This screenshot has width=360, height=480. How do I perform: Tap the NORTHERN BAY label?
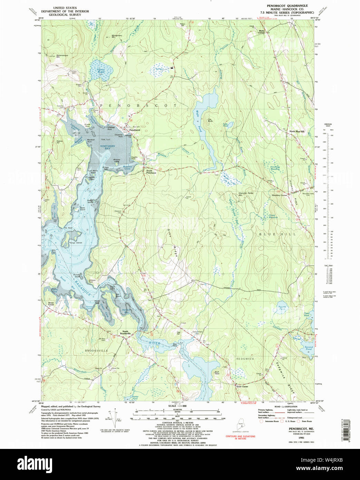(x=107, y=147)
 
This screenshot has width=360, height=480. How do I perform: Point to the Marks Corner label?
(x=264, y=31)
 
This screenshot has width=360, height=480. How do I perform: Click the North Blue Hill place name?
(x=296, y=131)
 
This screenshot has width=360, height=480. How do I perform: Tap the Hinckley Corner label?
(x=279, y=195)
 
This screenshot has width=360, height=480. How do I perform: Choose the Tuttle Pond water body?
(x=230, y=125)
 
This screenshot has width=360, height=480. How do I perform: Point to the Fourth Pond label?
(x=282, y=308)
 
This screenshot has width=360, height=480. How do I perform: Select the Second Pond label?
(x=308, y=348)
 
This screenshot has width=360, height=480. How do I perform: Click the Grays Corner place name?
(x=242, y=386)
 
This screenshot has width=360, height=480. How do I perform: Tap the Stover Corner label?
(x=51, y=304)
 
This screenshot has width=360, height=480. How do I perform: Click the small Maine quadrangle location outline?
(x=240, y=424)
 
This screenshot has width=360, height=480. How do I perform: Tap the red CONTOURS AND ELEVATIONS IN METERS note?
(x=240, y=437)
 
